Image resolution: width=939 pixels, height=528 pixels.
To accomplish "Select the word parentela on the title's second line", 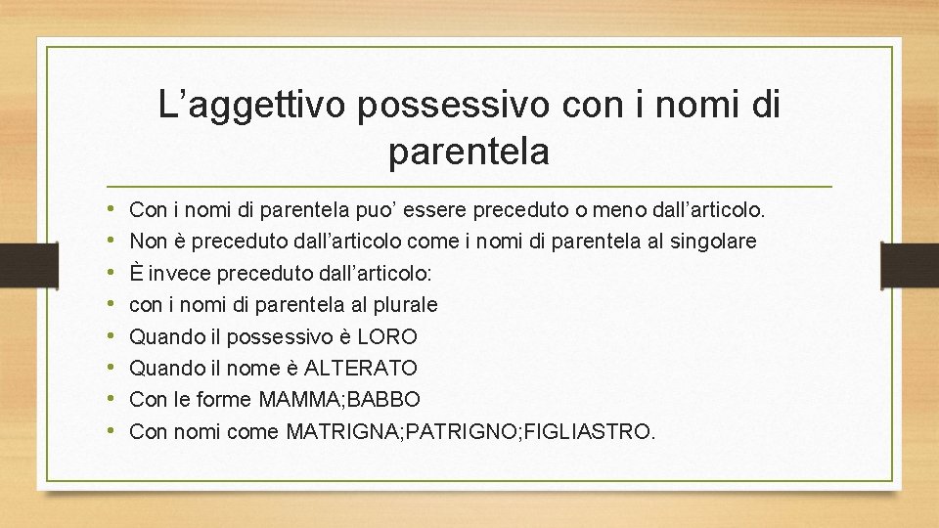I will pos(469,152).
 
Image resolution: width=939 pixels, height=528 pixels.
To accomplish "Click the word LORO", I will pos(387,337).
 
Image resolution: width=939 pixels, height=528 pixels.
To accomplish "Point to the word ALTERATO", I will pos(361,369).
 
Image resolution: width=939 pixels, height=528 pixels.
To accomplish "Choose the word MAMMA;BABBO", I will pos(340,400).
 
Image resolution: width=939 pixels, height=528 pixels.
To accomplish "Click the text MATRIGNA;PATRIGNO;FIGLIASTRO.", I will pos(470,431).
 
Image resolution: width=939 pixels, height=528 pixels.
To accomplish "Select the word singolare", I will pos(713,241).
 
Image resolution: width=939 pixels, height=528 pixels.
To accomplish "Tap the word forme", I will pos(226,400).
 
